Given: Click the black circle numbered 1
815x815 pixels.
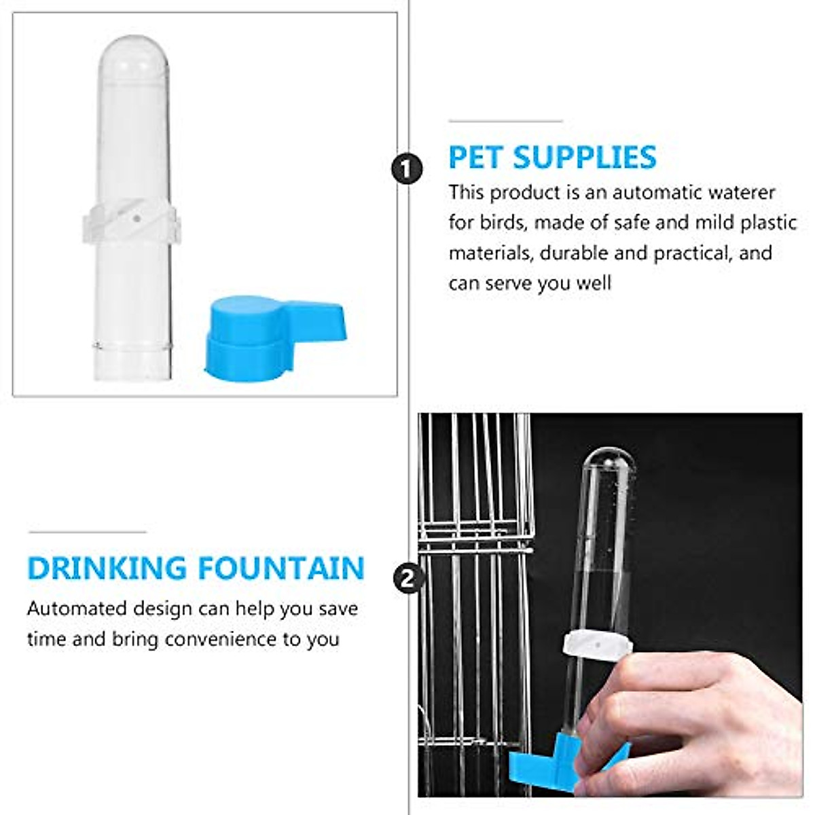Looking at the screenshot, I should coord(407,168).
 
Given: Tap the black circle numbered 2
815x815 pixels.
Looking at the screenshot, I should coord(407,579).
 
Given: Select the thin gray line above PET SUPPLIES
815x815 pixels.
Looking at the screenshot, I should coord(505,122).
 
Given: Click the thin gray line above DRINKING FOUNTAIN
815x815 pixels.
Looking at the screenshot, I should coord(87,532).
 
